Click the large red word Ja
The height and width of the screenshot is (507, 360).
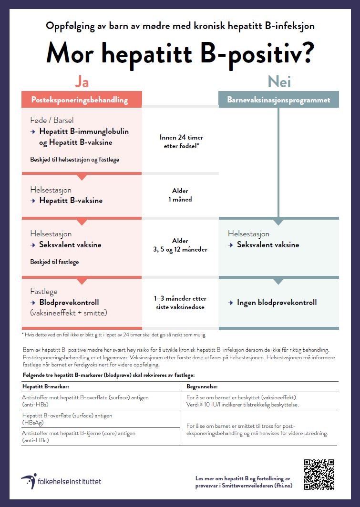click(82, 82)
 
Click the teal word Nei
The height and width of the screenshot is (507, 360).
click(279, 82)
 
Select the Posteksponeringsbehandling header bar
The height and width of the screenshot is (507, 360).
click(82, 100)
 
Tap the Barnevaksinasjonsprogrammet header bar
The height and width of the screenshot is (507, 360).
click(278, 100)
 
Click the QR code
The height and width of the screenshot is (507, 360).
click(319, 474)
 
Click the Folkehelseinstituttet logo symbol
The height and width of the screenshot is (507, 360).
click(29, 481)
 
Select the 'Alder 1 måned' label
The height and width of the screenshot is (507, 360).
click(180, 195)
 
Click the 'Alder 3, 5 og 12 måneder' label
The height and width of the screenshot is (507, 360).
click(180, 245)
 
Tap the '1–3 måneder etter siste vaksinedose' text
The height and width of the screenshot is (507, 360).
click(180, 303)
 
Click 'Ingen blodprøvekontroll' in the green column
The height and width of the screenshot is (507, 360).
click(277, 303)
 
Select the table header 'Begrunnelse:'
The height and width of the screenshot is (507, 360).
click(202, 386)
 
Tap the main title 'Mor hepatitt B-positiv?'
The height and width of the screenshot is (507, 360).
click(180, 54)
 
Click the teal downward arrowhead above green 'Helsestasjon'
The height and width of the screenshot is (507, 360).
click(278, 222)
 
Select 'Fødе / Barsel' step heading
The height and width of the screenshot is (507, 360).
click(52, 120)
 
